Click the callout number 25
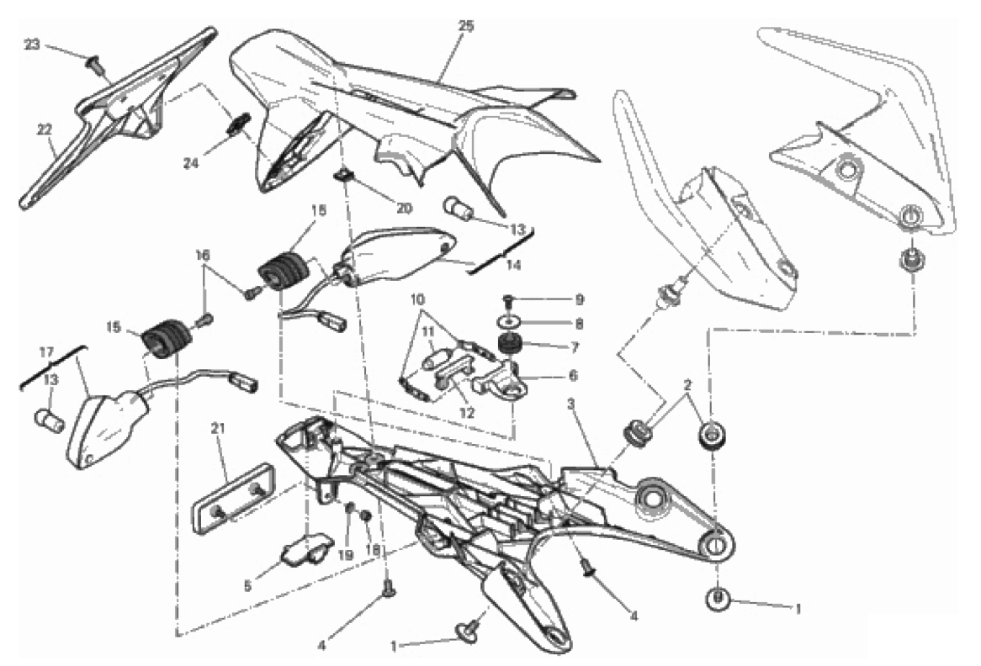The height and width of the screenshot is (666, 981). tap(465, 26)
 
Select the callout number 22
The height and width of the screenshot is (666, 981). tap(44, 129)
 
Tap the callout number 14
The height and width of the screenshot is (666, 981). tap(513, 265)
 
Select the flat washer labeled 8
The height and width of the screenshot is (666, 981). tap(509, 322)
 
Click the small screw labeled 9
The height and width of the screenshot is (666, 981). tap(508, 299)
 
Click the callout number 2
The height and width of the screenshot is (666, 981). tap(688, 385)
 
